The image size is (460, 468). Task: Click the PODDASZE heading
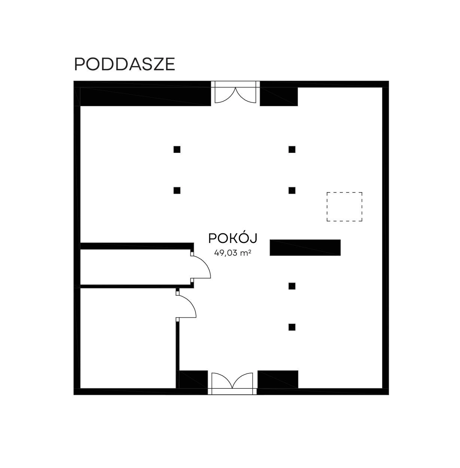point(124,64)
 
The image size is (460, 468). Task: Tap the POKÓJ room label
point(233,238)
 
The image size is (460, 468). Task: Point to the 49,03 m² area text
point(232,253)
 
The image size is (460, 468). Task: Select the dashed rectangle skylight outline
point(344,207)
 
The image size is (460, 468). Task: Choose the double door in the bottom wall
point(232,384)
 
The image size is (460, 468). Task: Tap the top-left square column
point(177,150)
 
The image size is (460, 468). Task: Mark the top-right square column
point(292,150)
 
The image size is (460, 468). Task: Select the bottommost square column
point(292,327)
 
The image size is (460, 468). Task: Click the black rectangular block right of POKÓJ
point(305,247)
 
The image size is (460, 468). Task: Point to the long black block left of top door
point(146,96)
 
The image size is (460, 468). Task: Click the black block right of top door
point(279,96)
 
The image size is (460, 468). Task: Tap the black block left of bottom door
point(194,379)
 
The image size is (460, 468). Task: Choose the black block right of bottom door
point(278,379)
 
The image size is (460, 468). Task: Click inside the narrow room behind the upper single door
point(135,267)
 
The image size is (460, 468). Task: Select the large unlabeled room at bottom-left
point(128,338)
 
